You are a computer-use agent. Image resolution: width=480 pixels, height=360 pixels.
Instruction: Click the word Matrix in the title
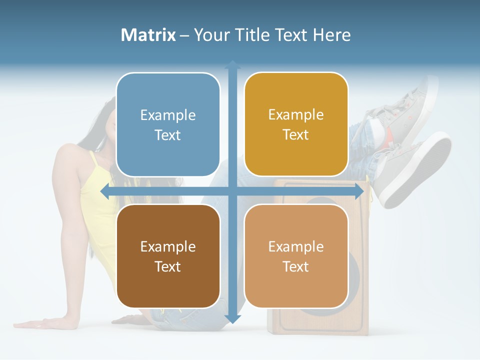point(148,35)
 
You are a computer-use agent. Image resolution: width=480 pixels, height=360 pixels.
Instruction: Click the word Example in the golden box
point(296,115)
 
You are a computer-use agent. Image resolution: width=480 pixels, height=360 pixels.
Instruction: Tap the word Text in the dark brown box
point(168,266)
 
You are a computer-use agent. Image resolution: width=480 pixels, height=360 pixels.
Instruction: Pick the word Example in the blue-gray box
point(168,115)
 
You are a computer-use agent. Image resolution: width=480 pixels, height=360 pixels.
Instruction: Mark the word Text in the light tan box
point(296,266)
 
